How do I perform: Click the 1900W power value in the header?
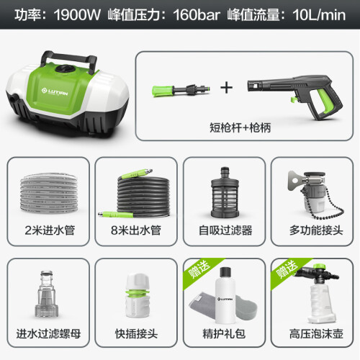click(77, 15)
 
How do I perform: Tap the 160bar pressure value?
click(197, 15)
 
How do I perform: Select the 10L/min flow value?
click(319, 15)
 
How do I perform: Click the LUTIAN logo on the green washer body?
click(55, 91)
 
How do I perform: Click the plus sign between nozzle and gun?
click(226, 88)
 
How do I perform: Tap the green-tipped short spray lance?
click(181, 90)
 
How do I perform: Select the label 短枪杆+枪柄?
click(240, 127)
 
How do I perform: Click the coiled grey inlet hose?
click(49, 193)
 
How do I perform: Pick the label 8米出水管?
click(136, 230)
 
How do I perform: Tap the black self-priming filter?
click(225, 192)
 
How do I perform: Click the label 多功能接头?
click(316, 230)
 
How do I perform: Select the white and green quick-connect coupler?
click(138, 296)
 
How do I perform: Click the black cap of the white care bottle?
click(225, 272)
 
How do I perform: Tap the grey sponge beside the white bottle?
click(246, 307)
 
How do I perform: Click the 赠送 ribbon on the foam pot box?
click(287, 270)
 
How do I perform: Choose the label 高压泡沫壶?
click(316, 334)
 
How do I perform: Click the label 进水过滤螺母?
click(48, 334)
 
